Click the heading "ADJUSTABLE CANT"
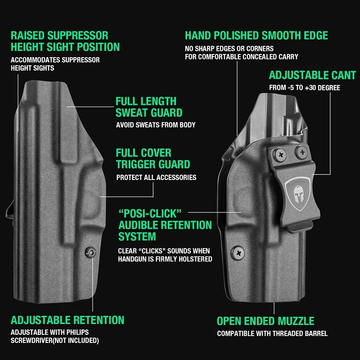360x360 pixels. (x=312, y=76)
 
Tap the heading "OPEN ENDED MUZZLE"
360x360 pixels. (x=265, y=321)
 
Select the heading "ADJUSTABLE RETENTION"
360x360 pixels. (x=67, y=320)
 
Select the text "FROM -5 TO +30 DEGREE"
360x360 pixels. (x=305, y=88)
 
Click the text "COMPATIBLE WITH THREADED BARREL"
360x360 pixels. (x=272, y=334)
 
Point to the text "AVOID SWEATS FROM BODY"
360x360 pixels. (x=156, y=125)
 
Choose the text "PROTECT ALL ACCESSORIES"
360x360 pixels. (x=156, y=177)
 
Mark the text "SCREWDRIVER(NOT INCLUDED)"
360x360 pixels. (x=54, y=341)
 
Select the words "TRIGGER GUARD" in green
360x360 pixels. (x=153, y=165)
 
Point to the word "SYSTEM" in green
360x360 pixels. (x=137, y=236)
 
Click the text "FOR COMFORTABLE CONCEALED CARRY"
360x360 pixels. (x=242, y=57)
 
